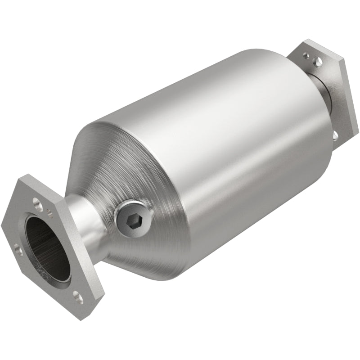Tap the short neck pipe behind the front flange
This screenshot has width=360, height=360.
[x=85, y=225]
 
